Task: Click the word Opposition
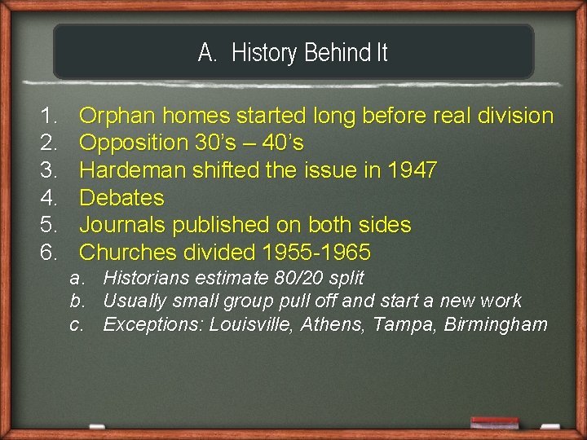pos(134,143)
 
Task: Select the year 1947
pos(413,170)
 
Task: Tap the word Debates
pos(121,198)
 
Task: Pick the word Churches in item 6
pos(126,252)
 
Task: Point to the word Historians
pos(148,278)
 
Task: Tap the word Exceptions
pos(152,325)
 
